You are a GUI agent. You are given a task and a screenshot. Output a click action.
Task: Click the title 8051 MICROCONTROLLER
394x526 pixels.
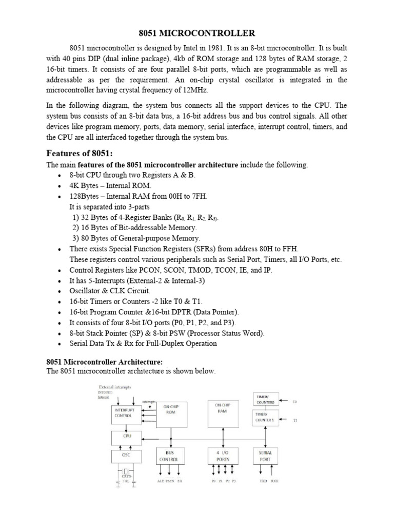coord(197,33)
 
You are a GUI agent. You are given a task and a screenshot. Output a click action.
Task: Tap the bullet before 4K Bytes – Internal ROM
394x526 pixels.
coord(60,185)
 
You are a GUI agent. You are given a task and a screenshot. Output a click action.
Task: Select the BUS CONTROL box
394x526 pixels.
coord(170,456)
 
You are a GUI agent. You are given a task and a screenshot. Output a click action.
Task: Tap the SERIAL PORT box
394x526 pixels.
coord(266,456)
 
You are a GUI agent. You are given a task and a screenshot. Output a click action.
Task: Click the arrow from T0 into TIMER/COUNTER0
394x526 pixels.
coord(283,401)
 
